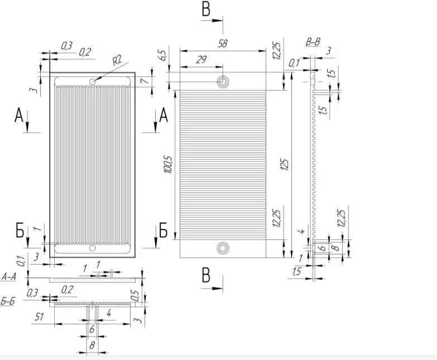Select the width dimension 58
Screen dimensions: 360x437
[222, 44]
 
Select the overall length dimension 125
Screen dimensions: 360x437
[285, 165]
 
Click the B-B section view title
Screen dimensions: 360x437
[313, 42]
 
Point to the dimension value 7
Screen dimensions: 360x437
[144, 81]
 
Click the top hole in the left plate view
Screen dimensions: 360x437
[92, 81]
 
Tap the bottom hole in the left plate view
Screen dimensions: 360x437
[92, 248]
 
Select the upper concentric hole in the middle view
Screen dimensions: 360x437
[223, 82]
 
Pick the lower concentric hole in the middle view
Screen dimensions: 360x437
[223, 247]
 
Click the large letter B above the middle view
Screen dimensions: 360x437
[205, 9]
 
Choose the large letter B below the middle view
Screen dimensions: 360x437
[205, 276]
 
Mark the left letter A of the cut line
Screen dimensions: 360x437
[20, 116]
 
